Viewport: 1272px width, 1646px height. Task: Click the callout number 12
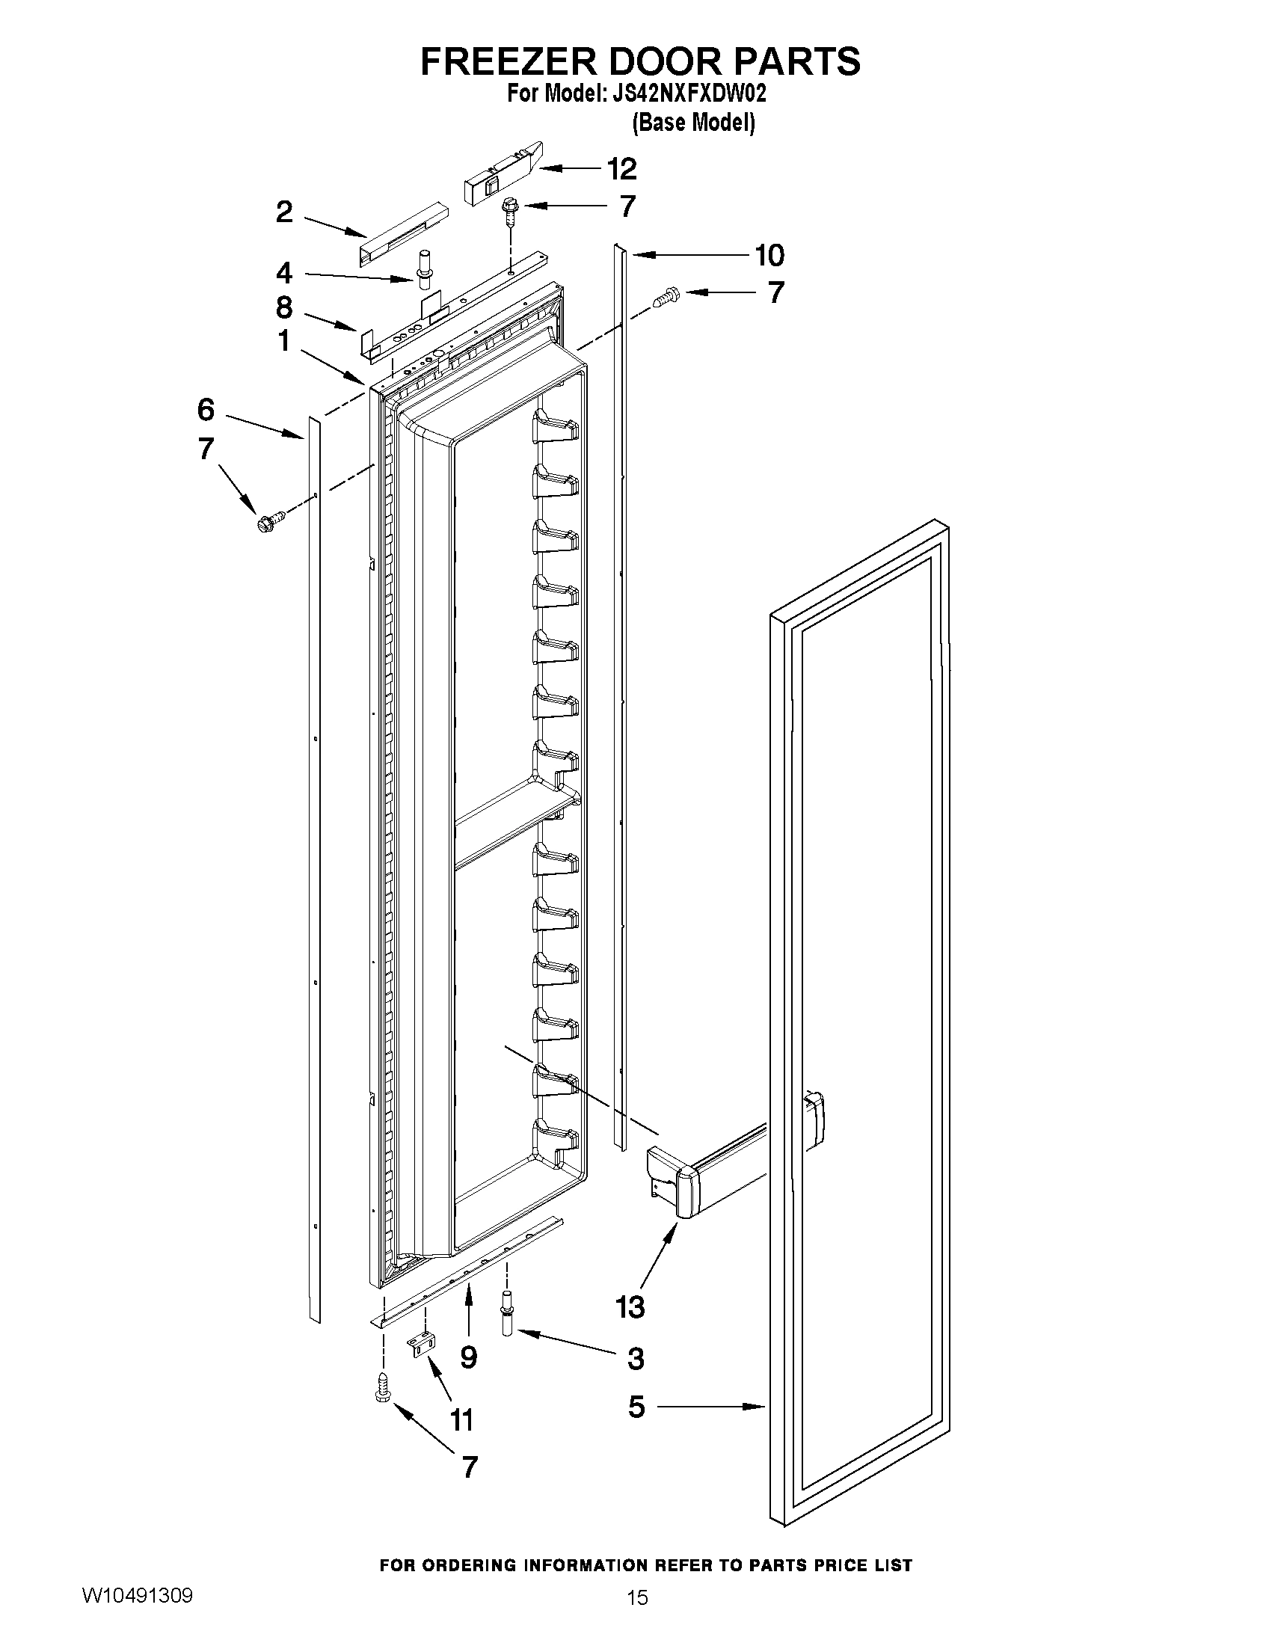(x=621, y=169)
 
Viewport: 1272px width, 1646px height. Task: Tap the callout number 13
(x=630, y=1306)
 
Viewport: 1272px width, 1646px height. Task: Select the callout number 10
(x=769, y=256)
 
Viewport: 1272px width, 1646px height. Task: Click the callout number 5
(x=637, y=1407)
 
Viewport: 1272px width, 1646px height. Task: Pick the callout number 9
(x=468, y=1357)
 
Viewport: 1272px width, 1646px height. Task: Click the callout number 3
(x=635, y=1359)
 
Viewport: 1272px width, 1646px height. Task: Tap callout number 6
(x=206, y=410)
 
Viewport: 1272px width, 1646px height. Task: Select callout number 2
(x=283, y=212)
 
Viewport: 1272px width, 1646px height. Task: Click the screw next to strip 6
(x=271, y=520)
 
